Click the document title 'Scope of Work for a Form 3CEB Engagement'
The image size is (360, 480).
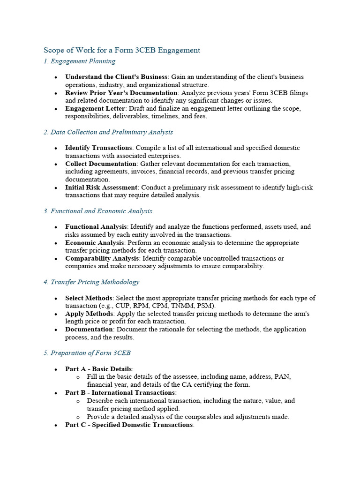[122, 50]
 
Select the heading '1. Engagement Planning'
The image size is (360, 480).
[79, 61]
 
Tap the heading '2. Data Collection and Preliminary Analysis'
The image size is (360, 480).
[108, 132]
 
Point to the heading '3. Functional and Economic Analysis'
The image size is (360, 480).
[97, 211]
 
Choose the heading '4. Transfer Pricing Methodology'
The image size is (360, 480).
[91, 282]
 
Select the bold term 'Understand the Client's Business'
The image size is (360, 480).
[116, 77]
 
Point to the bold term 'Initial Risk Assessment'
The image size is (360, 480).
[101, 187]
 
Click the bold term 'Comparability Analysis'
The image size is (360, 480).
[102, 258]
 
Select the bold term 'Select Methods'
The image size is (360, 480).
[89, 298]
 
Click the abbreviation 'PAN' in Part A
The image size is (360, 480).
[284, 377]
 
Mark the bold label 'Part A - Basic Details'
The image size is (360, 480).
[99, 369]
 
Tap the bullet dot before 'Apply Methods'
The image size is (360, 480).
[56, 314]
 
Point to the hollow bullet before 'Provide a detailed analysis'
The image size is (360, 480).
[78, 417]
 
